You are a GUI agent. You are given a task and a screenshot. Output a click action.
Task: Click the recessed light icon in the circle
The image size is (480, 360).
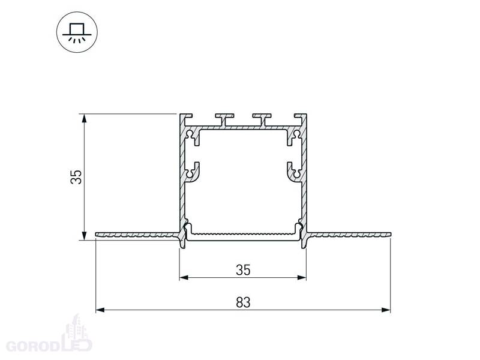point(77,32)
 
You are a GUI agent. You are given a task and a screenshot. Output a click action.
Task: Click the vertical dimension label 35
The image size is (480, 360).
point(76,177)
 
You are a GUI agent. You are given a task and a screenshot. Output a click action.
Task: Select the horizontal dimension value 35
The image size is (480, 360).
point(243,270)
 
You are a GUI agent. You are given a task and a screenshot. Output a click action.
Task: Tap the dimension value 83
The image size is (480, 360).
point(243,302)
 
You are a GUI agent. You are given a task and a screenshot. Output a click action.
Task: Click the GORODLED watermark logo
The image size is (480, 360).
point(49,337)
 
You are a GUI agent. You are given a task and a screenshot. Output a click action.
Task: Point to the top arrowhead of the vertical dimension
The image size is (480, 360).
point(84,118)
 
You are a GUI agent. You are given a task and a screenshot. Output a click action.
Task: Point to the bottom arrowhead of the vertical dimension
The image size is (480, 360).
point(84,236)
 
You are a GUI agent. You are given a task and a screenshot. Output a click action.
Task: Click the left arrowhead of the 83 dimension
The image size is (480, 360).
point(100,310)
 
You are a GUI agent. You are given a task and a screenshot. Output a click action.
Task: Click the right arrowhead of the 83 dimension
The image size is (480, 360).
point(386,310)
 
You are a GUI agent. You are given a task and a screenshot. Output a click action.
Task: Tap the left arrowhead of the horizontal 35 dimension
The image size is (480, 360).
point(184,278)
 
